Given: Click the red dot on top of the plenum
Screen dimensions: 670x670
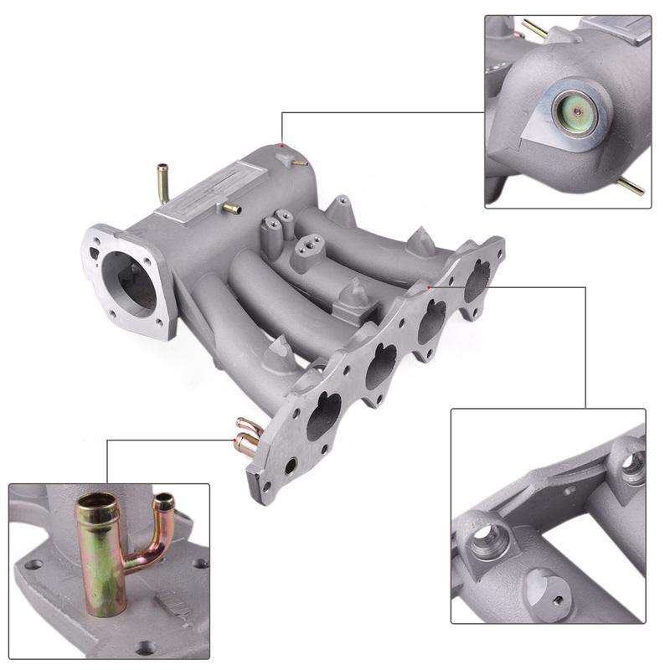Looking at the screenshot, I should [284, 147].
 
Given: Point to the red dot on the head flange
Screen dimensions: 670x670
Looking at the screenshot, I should [430, 287].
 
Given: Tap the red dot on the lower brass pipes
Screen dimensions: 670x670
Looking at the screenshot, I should [230, 436].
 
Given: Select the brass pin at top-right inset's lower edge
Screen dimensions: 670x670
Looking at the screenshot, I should [631, 185].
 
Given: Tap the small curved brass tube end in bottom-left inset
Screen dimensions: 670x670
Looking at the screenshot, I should [164, 501].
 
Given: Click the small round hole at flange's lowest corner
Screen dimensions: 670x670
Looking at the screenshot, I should [291, 467].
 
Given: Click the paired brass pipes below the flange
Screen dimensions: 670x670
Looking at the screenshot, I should [248, 435].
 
